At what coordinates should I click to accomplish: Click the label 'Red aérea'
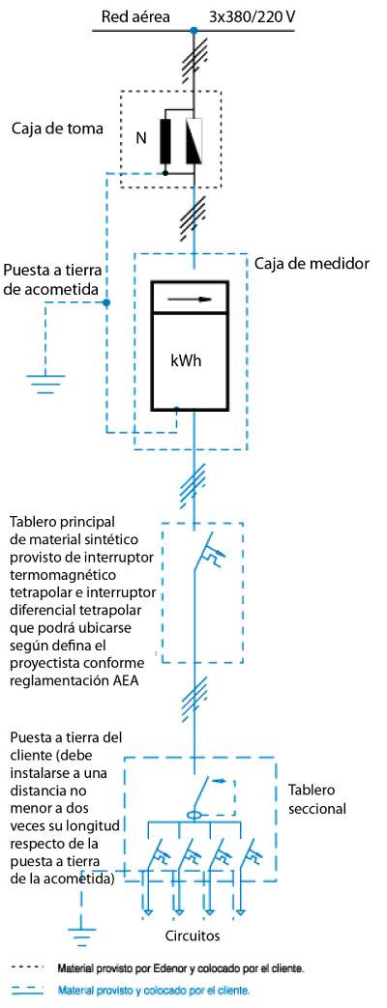click(135, 17)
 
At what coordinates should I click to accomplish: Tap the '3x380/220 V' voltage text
click(253, 17)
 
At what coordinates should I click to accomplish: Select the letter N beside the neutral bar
click(140, 138)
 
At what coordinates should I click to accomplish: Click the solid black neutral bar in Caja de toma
click(166, 141)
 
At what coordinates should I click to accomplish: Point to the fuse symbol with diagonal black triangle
click(194, 141)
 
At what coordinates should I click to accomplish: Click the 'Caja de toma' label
click(57, 128)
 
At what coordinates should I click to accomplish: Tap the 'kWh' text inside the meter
click(186, 360)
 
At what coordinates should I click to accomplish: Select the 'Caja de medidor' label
click(311, 264)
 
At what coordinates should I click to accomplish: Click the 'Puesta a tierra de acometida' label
click(53, 279)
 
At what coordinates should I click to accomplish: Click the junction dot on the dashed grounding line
click(106, 302)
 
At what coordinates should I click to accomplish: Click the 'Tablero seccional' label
click(316, 798)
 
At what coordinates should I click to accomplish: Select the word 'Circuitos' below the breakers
click(192, 936)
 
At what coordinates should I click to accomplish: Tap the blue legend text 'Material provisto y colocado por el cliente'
click(154, 991)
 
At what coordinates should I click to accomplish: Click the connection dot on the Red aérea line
click(193, 30)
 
